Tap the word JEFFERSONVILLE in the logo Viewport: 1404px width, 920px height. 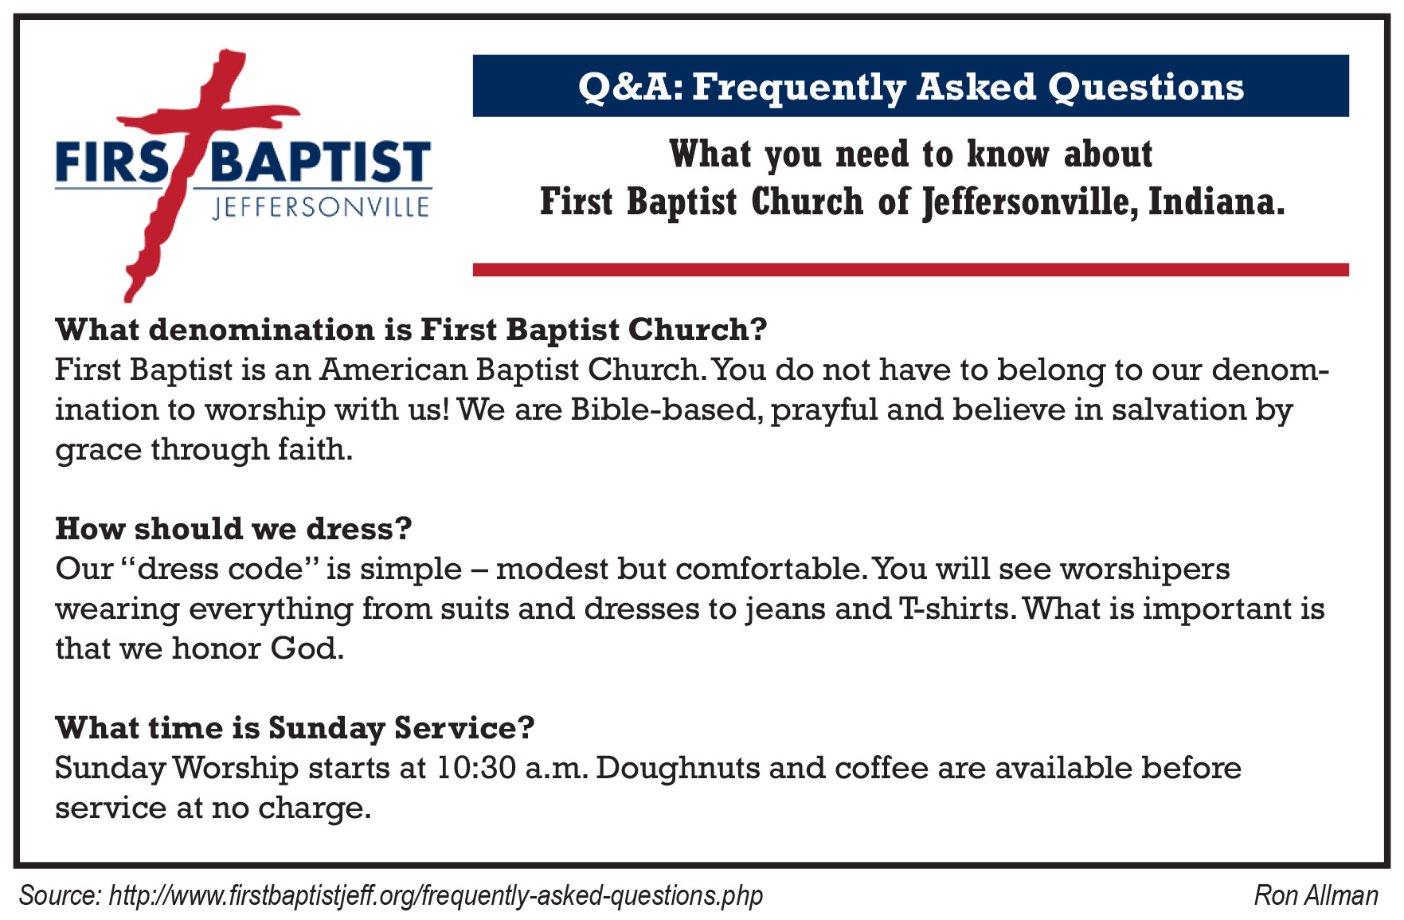click(x=322, y=208)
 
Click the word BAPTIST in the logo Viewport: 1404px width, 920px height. click(x=322, y=162)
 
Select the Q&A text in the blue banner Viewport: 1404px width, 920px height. click(x=631, y=87)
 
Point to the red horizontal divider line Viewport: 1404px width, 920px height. click(x=910, y=270)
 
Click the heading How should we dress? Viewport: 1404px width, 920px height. click(x=233, y=528)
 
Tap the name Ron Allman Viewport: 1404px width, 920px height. click(x=1316, y=895)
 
